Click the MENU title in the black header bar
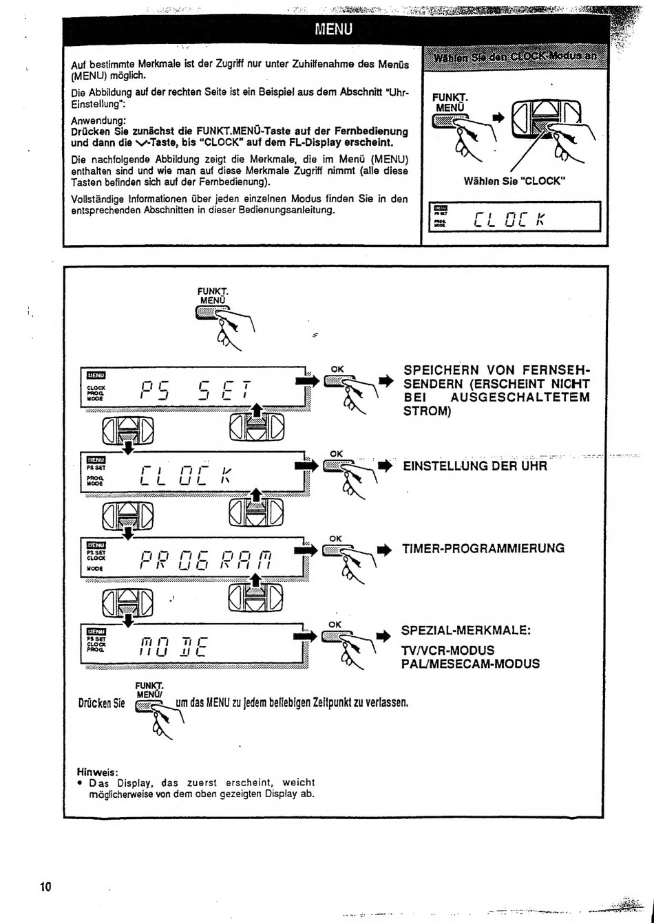point(333,29)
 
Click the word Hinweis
point(97,772)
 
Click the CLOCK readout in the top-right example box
point(510,219)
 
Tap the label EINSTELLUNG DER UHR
point(474,466)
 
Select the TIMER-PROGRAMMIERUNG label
point(483,548)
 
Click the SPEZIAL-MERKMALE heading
point(466,631)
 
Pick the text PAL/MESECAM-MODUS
point(470,664)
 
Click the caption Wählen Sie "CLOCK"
point(514,181)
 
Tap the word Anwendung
point(98,121)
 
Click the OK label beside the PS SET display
point(337,369)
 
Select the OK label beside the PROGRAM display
point(336,539)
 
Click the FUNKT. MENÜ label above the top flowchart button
point(213,296)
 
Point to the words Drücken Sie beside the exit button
point(101,703)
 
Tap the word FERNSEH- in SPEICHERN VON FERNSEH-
point(554,369)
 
